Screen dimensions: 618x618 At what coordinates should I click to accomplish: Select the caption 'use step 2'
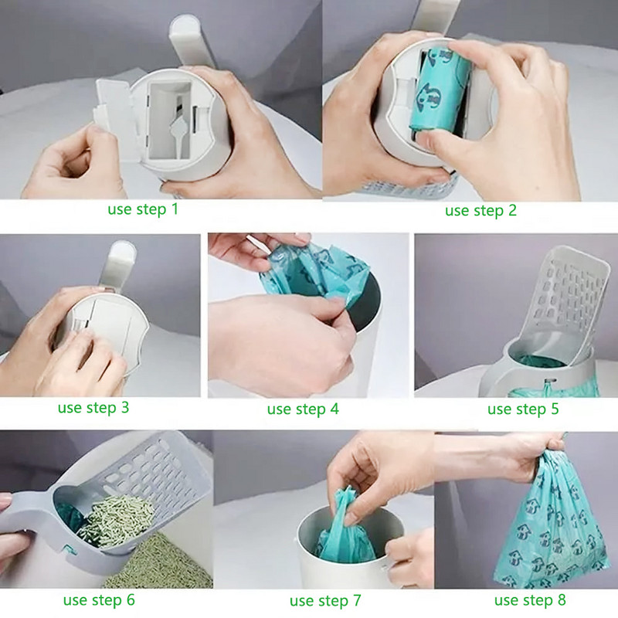[x=480, y=210]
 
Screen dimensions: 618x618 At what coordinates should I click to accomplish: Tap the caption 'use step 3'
[x=93, y=406]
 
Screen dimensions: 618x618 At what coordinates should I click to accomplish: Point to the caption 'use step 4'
[x=303, y=409]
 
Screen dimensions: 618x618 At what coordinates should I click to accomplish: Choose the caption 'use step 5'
[x=523, y=409]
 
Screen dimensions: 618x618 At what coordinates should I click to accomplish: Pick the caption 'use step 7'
[x=325, y=600]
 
